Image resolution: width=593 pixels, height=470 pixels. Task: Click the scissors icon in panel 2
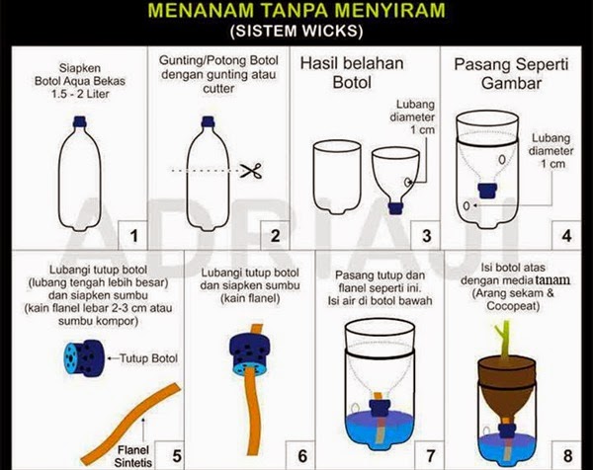pyautogui.click(x=252, y=171)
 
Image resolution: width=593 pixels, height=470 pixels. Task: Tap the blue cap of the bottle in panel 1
pyautogui.click(x=79, y=121)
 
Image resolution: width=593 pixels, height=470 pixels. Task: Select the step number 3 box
pyautogui.click(x=426, y=235)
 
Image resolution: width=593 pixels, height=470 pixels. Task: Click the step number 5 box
pyautogui.click(x=170, y=455)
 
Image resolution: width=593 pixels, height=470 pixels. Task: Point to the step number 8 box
pyautogui.click(x=567, y=455)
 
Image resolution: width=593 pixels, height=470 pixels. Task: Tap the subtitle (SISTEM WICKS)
pyautogui.click(x=296, y=31)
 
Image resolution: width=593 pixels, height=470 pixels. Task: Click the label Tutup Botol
pyautogui.click(x=148, y=358)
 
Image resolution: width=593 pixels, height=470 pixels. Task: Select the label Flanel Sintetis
pyautogui.click(x=133, y=456)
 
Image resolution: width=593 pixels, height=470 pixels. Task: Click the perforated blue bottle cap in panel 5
pyautogui.click(x=84, y=358)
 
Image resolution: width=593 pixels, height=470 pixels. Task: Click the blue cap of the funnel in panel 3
pyautogui.click(x=395, y=208)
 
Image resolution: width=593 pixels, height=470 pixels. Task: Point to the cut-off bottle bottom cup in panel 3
pyautogui.click(x=337, y=177)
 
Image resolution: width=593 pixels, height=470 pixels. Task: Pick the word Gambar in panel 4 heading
pyautogui.click(x=511, y=83)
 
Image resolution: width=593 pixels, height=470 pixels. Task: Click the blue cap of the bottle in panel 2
pyautogui.click(x=208, y=121)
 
